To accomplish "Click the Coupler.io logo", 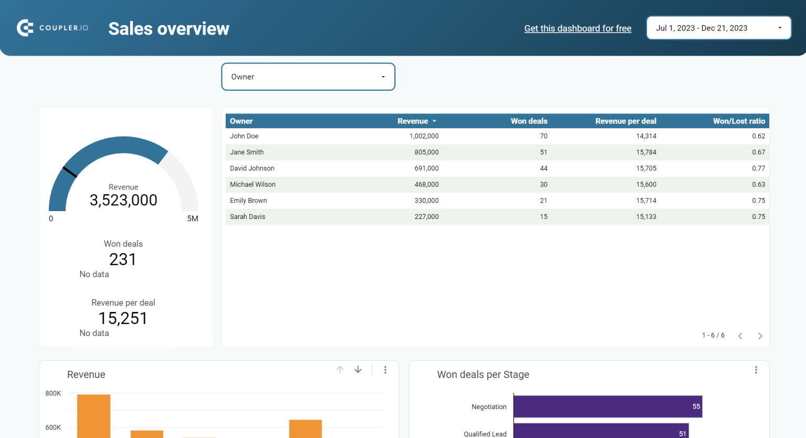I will point(52,28).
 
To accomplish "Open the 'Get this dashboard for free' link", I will point(578,28).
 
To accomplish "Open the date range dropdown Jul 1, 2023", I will point(718,28).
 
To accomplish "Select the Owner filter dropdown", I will point(308,77).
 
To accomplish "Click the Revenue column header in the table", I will point(413,121).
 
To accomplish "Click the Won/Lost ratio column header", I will point(738,121).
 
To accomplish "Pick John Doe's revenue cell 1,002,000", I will point(424,136).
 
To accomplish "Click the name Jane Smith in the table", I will point(247,152).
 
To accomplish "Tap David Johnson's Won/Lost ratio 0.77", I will point(758,169).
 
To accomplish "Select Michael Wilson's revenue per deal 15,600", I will point(646,185).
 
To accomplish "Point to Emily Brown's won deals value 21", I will point(543,201).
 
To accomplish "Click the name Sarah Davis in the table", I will point(247,217).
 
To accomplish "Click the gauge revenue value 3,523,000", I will point(123,200).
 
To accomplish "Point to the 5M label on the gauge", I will point(193,218).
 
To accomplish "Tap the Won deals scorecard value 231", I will point(123,259).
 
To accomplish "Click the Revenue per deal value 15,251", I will point(123,318).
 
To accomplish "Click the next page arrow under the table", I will point(760,336).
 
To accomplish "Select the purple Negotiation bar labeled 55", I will point(608,406).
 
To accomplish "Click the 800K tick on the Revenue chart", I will point(53,393).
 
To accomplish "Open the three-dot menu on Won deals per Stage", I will point(756,370).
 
